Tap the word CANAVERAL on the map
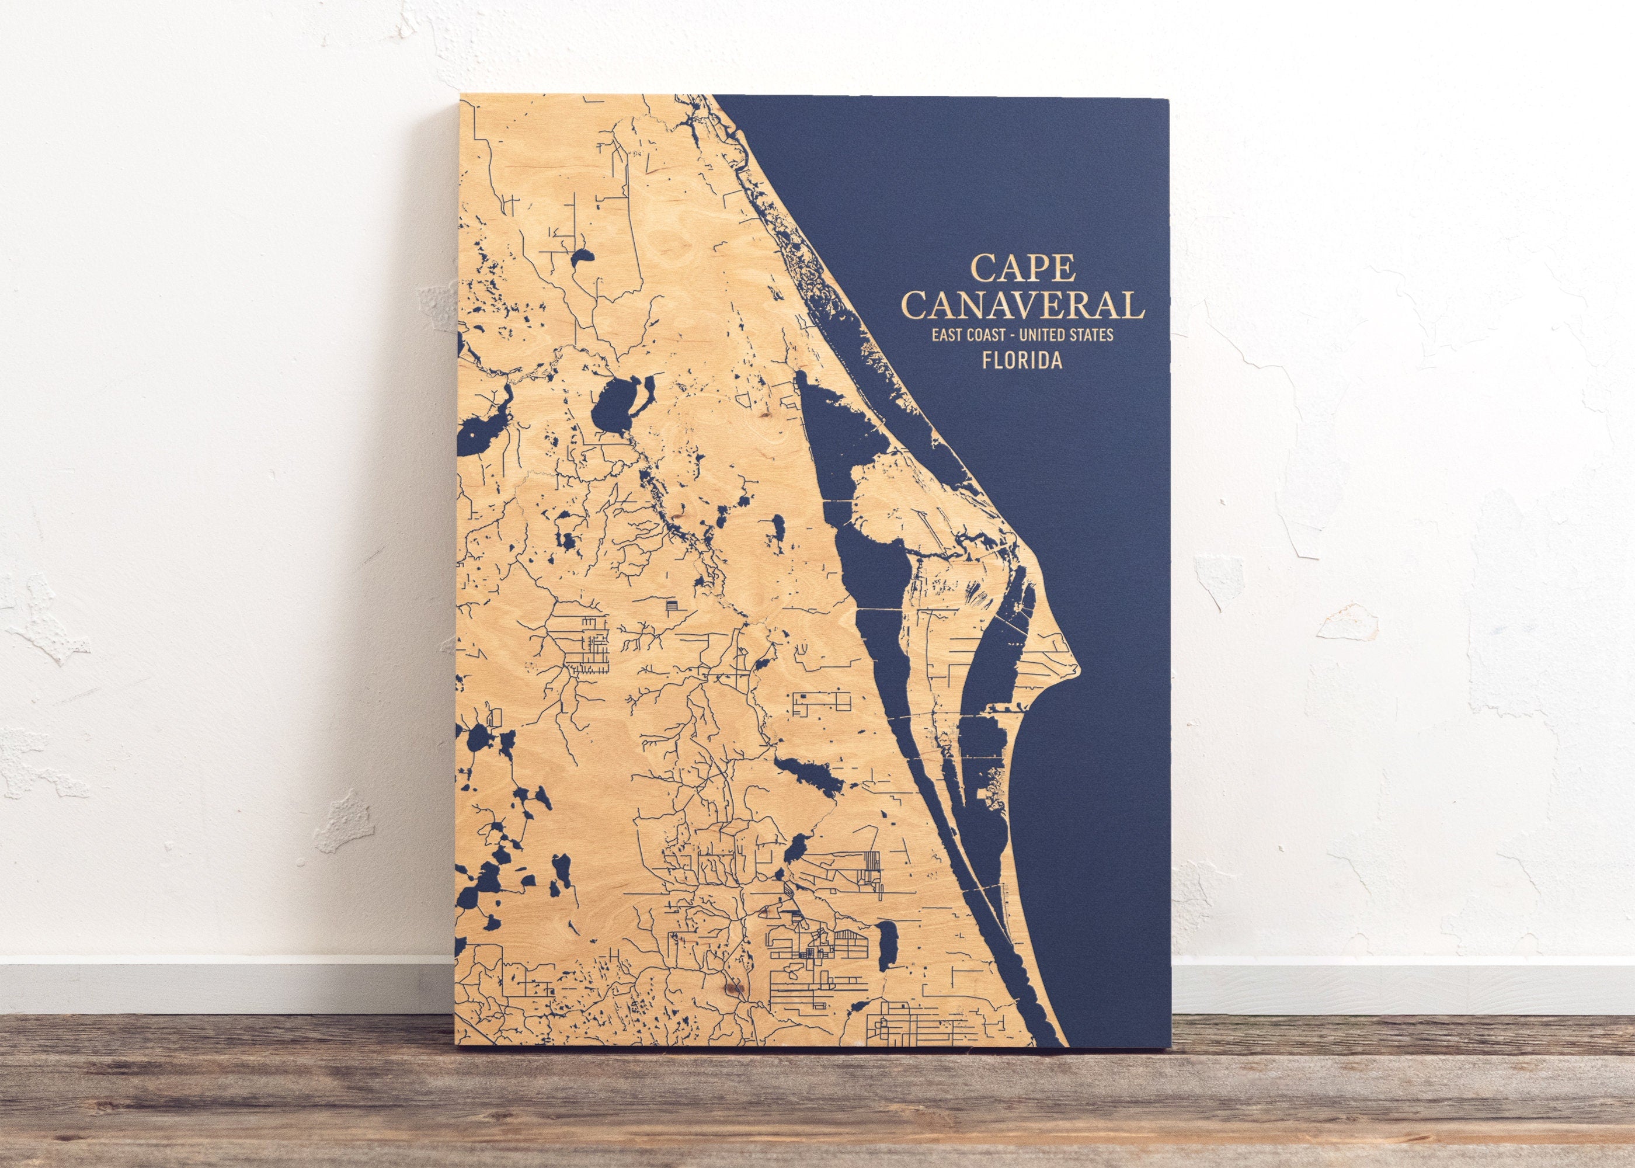[x=1023, y=305]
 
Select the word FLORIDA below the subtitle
[x=1022, y=360]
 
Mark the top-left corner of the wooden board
[x=459, y=95]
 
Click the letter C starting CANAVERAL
[x=917, y=305]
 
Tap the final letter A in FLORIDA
[x=1056, y=360]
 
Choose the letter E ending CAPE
[x=1065, y=267]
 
